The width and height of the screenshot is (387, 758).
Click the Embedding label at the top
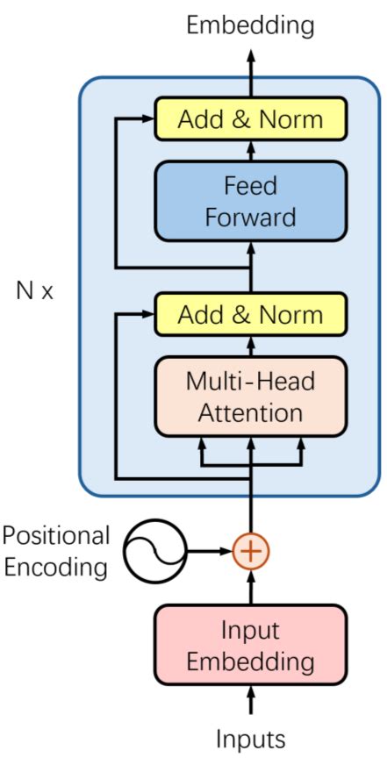point(250,25)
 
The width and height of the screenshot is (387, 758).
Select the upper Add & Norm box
point(250,119)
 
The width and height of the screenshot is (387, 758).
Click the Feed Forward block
point(250,201)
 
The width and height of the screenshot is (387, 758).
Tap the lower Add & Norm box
point(250,314)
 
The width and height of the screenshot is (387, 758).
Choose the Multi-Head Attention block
point(250,396)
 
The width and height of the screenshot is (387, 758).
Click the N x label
point(35,290)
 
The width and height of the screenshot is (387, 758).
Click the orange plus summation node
point(251,551)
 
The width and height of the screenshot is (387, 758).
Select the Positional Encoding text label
point(56,551)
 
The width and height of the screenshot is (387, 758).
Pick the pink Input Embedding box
point(250,645)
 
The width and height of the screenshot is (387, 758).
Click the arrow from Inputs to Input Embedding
point(251,702)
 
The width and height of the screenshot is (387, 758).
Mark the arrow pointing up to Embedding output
point(251,70)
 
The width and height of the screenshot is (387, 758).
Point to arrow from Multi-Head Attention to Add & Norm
point(251,345)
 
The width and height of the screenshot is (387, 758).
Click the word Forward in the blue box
point(250,216)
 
